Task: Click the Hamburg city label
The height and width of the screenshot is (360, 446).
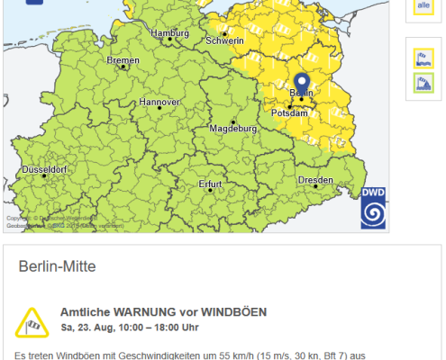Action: coord(170,33)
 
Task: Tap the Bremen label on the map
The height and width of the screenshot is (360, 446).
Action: coord(123,60)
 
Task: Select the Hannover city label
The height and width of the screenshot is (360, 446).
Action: coord(160,102)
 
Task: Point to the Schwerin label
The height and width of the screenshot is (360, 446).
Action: coord(225,40)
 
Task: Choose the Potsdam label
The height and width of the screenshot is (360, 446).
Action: coord(290,113)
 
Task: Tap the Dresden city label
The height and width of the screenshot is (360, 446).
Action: coord(314,180)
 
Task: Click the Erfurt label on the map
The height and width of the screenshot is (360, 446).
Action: coord(210,184)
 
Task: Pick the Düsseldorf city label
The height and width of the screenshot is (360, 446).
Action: coord(44,169)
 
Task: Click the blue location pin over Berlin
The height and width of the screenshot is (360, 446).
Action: coord(301,84)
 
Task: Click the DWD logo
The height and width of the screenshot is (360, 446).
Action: coord(374,208)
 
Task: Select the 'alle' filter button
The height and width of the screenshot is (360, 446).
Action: coord(423,7)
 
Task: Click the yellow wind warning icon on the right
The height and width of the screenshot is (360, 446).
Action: coord(423,59)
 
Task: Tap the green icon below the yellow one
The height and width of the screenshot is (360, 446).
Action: coord(423,83)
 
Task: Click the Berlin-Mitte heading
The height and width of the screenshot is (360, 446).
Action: coord(58,267)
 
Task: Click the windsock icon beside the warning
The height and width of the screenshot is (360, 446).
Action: coord(34,319)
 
